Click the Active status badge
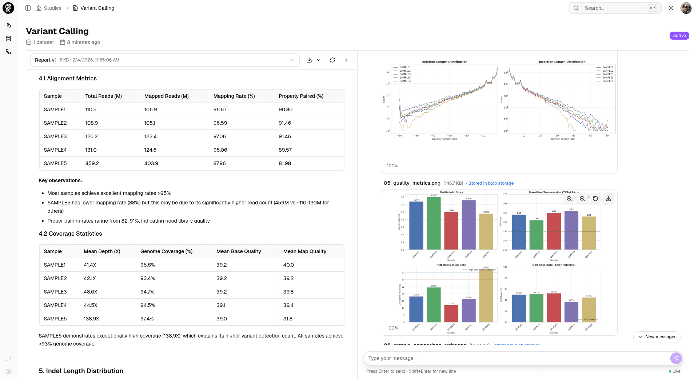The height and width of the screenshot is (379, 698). click(x=679, y=36)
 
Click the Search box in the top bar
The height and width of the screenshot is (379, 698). click(x=615, y=8)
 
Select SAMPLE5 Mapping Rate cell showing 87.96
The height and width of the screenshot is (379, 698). click(x=220, y=163)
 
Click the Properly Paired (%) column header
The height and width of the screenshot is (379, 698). click(x=301, y=96)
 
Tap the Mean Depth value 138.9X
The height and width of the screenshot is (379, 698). click(x=91, y=319)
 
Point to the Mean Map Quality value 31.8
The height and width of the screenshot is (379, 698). click(x=288, y=319)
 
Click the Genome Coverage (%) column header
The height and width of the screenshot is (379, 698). click(x=166, y=251)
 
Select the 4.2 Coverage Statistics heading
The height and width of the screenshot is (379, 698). click(x=70, y=234)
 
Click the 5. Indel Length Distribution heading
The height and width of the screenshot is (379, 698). click(x=81, y=371)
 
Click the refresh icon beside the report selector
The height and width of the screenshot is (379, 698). click(x=332, y=60)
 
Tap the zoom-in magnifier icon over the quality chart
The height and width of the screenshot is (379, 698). click(x=569, y=199)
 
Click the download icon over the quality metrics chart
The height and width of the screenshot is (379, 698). click(x=609, y=199)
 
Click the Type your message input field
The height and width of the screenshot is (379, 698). click(x=516, y=358)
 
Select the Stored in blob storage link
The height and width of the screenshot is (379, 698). click(x=491, y=183)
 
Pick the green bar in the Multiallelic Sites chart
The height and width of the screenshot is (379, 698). click(x=434, y=223)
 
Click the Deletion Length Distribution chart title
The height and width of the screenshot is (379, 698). click(x=444, y=62)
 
